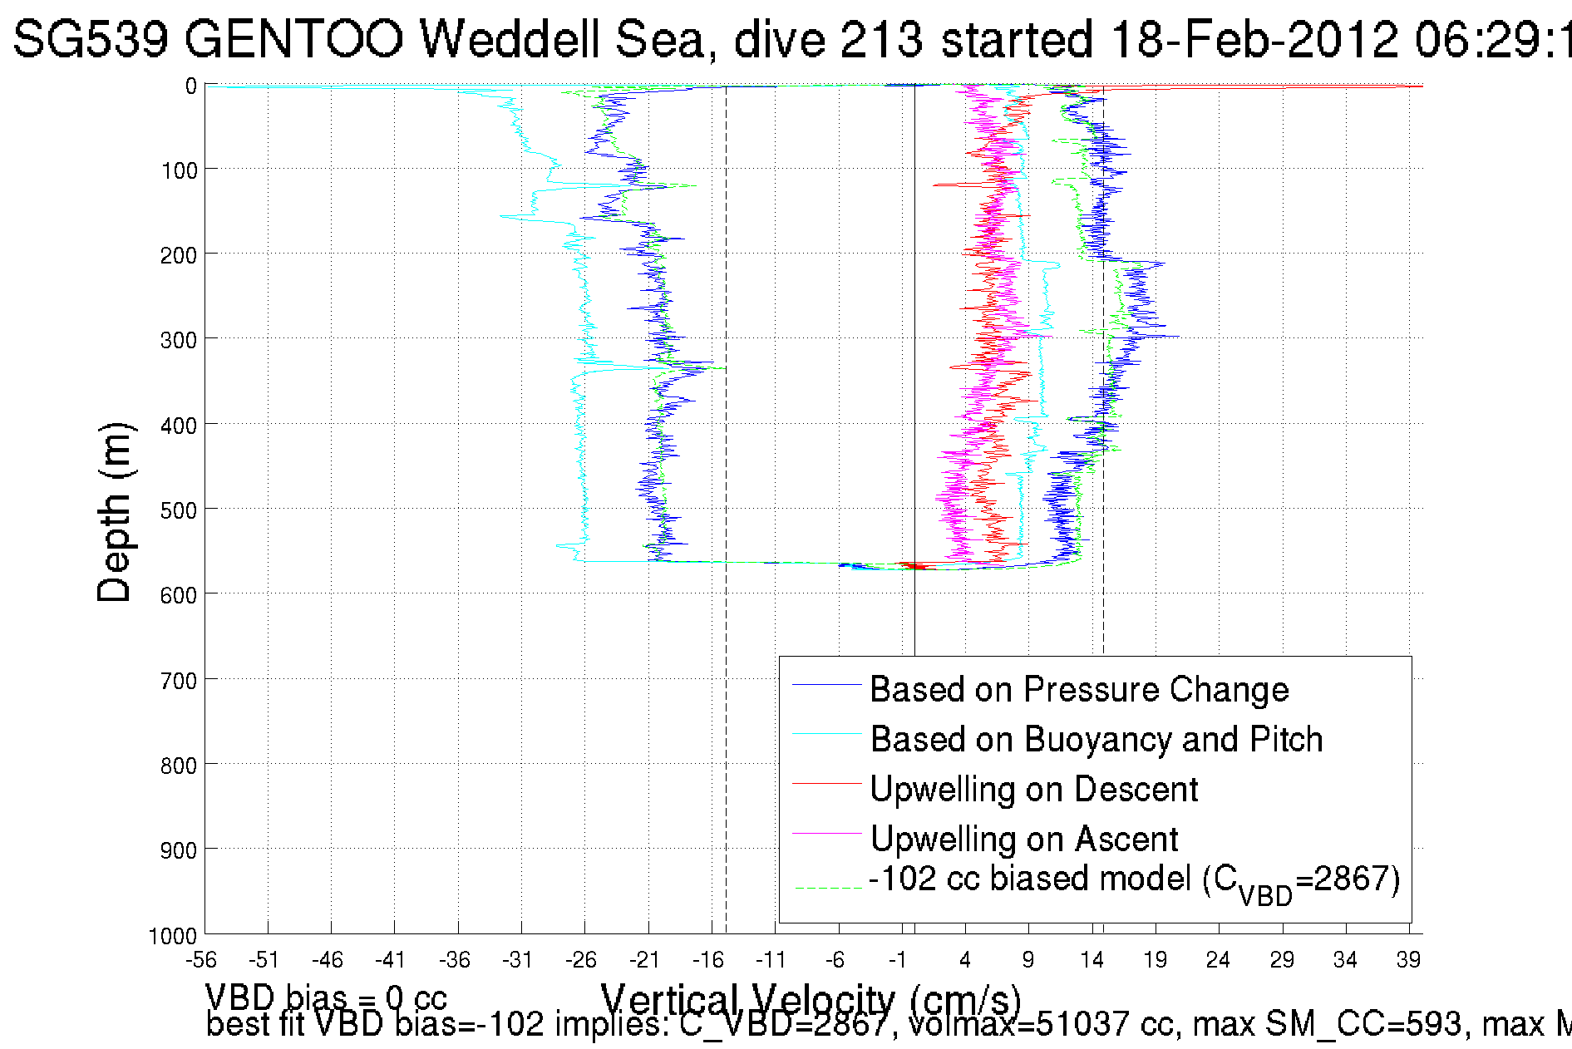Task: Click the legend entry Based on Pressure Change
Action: [1079, 690]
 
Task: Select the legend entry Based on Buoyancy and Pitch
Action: [1096, 740]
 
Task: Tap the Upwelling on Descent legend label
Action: [1033, 790]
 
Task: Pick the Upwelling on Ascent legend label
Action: [1023, 840]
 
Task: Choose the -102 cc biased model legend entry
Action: [1134, 881]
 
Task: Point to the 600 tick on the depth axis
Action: [179, 595]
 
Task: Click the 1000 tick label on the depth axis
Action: [173, 936]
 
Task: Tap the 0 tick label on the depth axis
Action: [191, 86]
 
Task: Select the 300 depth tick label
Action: [179, 340]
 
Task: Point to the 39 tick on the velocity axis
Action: [1408, 960]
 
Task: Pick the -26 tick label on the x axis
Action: [581, 960]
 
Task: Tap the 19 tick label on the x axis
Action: [1155, 960]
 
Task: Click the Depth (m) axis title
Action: [114, 512]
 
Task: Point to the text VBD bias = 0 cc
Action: [326, 997]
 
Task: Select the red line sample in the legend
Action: [826, 784]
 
